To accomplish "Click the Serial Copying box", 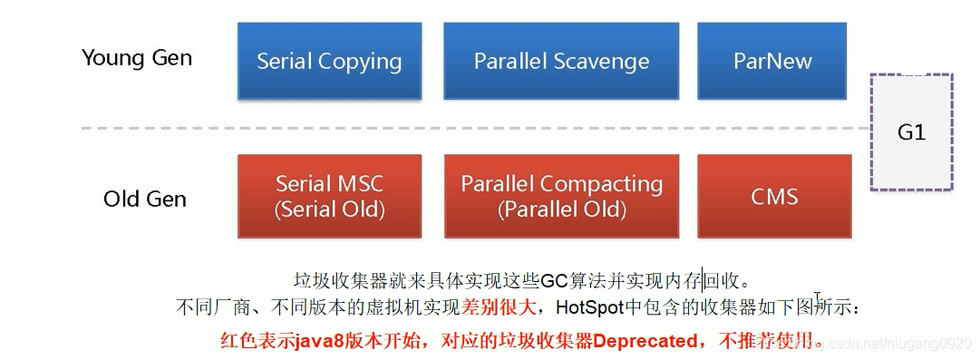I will (329, 62).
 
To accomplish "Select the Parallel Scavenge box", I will (561, 62).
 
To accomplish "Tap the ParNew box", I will (773, 62).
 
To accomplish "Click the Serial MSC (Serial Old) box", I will (329, 196).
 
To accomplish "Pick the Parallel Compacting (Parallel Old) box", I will (561, 196).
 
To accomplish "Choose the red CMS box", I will (773, 196).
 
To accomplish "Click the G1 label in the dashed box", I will (911, 132).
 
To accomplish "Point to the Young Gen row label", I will (137, 58).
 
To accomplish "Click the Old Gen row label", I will (145, 199).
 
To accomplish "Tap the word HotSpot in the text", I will (590, 308).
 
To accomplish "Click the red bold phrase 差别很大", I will (496, 308).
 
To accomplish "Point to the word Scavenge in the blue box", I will (604, 62).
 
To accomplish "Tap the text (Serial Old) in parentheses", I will (329, 209).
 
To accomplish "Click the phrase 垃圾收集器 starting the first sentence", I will (334, 280).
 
